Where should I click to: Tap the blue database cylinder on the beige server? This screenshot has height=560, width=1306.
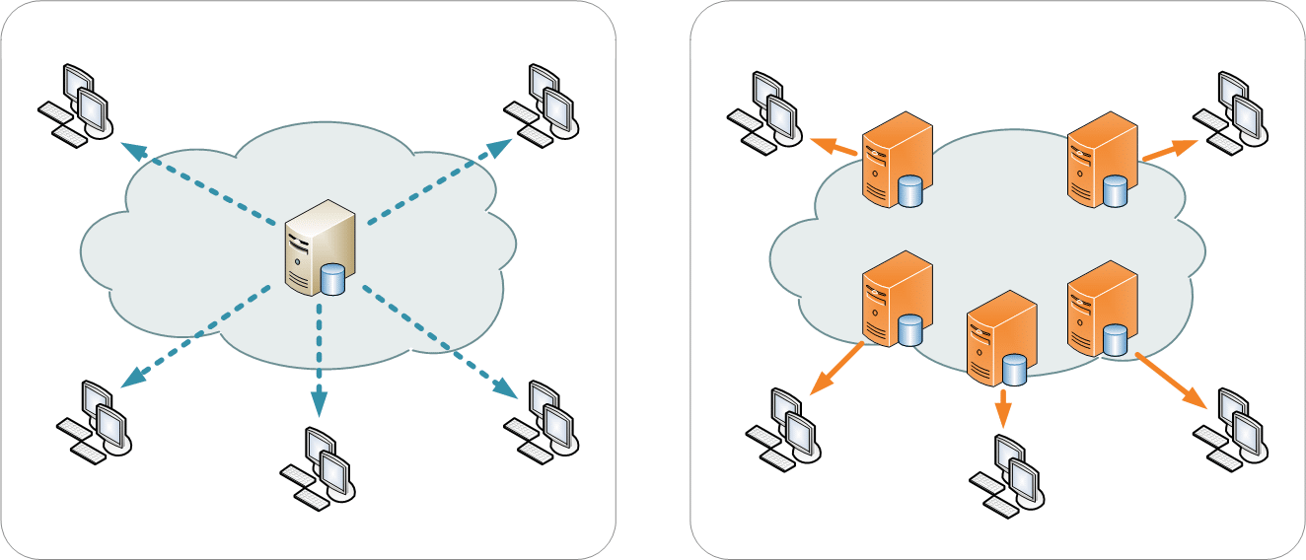tap(333, 280)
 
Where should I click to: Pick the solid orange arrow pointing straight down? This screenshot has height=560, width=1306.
tap(1003, 407)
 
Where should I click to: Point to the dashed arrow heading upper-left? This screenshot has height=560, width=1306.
tap(197, 181)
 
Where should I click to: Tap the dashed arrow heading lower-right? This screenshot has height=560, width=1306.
tap(439, 340)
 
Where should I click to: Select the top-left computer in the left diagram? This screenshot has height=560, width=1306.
tap(76, 105)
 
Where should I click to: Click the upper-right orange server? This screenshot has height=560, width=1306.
tap(1103, 159)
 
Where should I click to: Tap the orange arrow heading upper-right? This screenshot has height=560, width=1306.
tap(1170, 150)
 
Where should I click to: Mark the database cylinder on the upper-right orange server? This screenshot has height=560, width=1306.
tap(1116, 190)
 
